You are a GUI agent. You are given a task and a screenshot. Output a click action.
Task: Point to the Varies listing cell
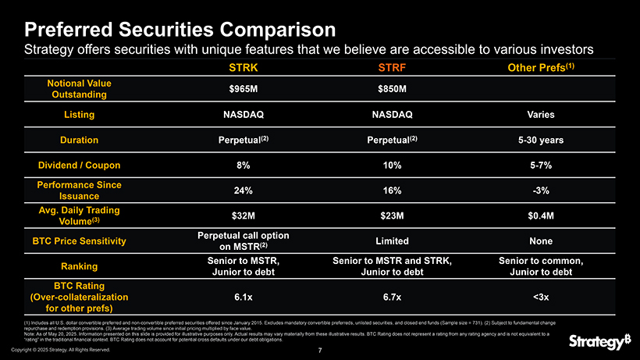540,115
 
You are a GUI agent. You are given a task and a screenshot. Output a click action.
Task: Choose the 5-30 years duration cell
540,141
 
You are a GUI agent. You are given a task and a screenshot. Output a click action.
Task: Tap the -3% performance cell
540,191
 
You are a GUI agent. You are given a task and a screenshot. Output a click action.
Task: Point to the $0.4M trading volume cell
540,216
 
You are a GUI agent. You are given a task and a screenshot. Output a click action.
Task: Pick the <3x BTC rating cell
540,297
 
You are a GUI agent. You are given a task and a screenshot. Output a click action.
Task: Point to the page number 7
320,350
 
